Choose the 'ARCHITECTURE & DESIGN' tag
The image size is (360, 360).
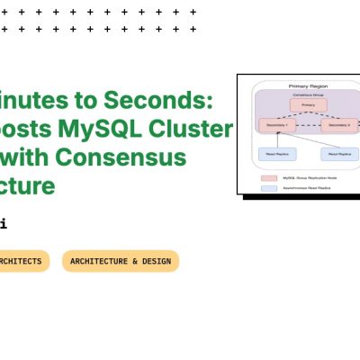point(121,261)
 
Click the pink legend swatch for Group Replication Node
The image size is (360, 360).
point(268,179)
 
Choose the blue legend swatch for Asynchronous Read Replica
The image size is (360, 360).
point(268,188)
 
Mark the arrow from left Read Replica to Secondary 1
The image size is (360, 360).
point(277,139)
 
